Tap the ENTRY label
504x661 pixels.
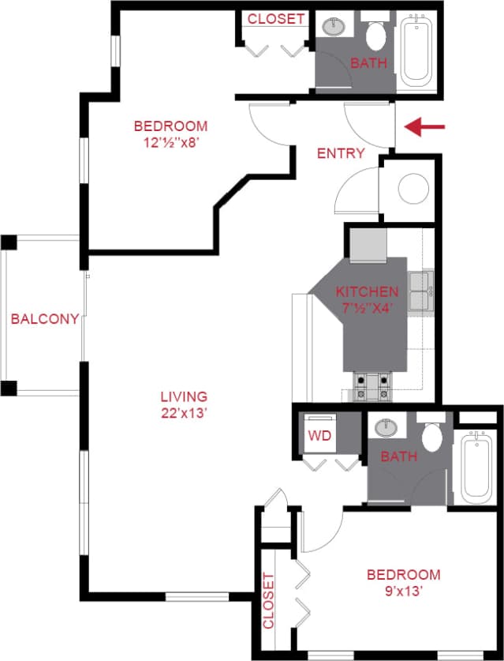(x=341, y=153)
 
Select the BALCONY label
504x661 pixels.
(x=44, y=319)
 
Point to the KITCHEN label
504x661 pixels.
(x=368, y=291)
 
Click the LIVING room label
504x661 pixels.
(x=184, y=396)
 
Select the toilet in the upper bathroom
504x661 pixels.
(x=375, y=33)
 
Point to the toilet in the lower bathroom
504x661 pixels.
(x=431, y=434)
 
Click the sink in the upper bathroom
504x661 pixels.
(x=337, y=25)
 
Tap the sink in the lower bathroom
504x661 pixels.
(x=386, y=428)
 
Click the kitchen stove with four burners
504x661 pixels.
(x=372, y=385)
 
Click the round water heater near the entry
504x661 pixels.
(x=412, y=190)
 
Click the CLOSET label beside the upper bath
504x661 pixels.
(x=276, y=18)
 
